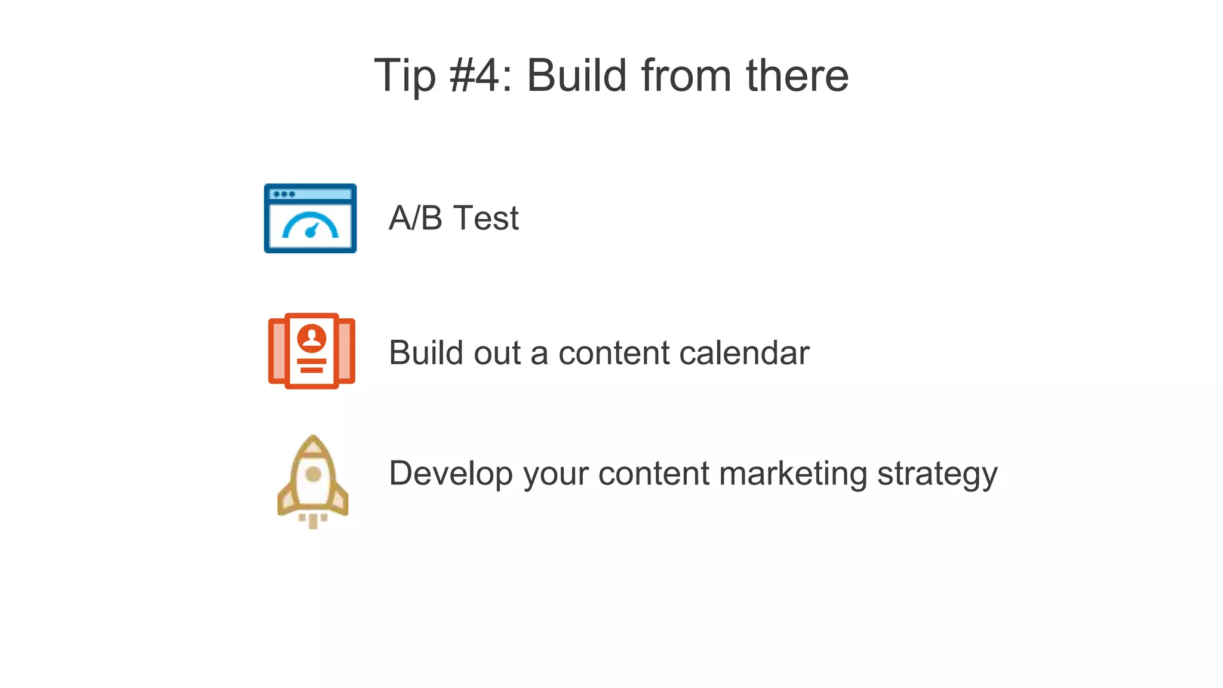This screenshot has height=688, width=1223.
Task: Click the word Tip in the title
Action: point(405,76)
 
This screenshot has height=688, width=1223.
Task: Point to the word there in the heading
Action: point(797,76)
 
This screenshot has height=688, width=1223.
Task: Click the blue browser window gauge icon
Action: point(311,219)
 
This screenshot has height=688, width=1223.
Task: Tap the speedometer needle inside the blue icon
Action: point(311,231)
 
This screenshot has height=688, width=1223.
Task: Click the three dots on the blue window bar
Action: point(284,194)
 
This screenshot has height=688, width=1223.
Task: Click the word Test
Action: point(486,218)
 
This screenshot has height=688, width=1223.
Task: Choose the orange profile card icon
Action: point(312,351)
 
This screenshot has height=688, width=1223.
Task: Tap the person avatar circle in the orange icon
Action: point(312,337)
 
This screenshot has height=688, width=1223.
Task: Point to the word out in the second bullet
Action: point(497,352)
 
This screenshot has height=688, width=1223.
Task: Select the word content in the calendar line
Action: point(613,352)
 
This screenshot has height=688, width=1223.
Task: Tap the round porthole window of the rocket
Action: point(313,475)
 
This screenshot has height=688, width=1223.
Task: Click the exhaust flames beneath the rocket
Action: point(313,521)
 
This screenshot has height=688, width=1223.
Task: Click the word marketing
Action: point(793,474)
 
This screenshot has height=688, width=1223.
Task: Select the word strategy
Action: point(937,474)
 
